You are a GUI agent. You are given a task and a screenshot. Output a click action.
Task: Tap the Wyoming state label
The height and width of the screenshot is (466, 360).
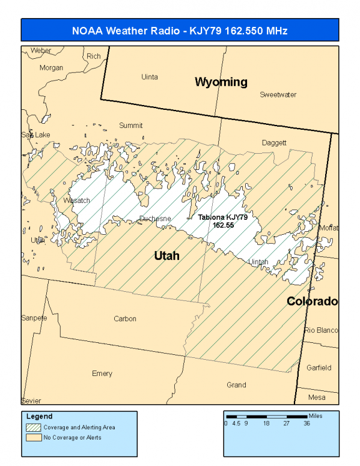(221, 82)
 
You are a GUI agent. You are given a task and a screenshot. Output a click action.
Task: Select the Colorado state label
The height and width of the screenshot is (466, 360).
(311, 301)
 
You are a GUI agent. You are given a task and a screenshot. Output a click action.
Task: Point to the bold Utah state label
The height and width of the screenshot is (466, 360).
(166, 256)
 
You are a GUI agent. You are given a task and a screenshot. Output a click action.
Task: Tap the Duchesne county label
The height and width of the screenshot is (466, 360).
(155, 219)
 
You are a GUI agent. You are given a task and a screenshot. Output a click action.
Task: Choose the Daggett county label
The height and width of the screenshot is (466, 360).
(274, 143)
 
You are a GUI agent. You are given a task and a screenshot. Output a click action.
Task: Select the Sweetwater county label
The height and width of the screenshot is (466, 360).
(278, 95)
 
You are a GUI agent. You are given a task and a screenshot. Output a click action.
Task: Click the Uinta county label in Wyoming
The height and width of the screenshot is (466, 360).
(149, 77)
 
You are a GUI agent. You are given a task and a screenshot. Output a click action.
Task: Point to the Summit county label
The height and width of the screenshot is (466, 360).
(130, 126)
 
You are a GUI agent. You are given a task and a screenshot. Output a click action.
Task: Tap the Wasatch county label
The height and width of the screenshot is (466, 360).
(76, 201)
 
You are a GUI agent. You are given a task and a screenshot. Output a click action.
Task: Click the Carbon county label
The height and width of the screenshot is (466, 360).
(125, 319)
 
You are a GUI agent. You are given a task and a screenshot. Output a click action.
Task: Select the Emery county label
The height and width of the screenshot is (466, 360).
(102, 374)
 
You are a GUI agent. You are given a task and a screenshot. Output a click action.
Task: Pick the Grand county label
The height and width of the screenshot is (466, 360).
(236, 385)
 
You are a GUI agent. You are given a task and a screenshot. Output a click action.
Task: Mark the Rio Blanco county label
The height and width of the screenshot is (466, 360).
(322, 330)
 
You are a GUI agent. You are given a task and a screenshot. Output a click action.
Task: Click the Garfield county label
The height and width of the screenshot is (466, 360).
(319, 367)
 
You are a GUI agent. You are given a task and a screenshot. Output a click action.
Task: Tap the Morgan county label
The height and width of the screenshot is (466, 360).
(51, 68)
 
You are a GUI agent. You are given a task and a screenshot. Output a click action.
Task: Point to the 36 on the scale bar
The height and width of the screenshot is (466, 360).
(307, 423)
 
